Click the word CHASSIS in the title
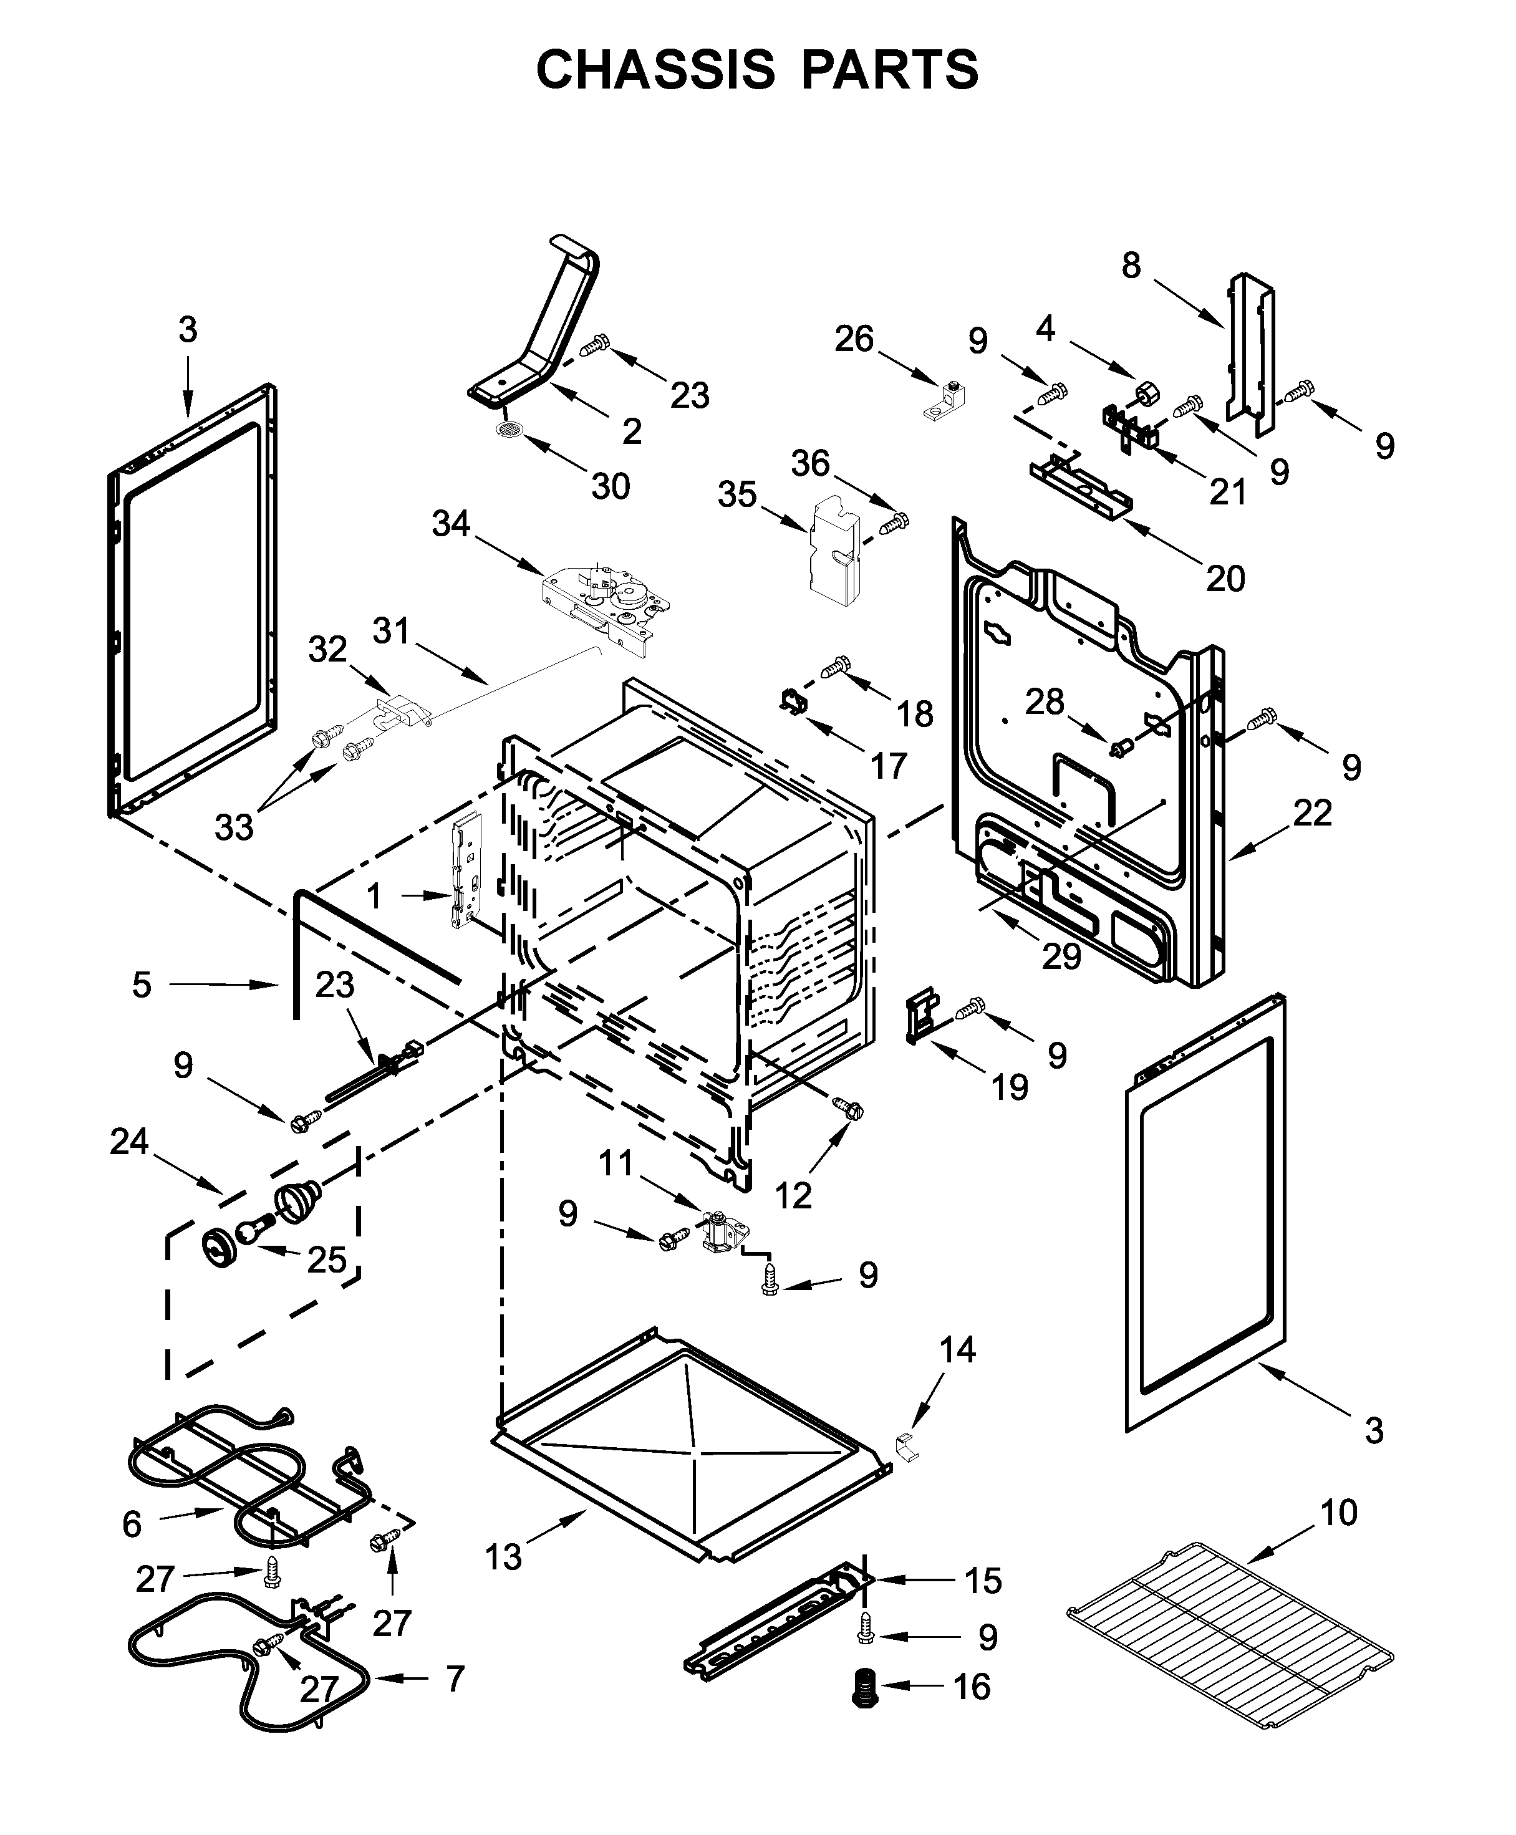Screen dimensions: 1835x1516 tap(655, 70)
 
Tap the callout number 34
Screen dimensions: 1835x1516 tap(451, 524)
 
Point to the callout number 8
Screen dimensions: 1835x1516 tap(1131, 266)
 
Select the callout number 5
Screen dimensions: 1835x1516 tap(142, 985)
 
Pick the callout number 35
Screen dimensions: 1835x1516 tap(737, 495)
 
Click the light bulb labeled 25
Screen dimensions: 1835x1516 tap(251, 1230)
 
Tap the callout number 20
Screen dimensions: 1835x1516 tap(1225, 578)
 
